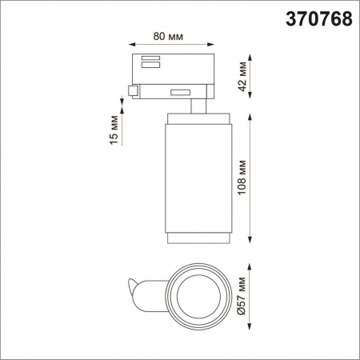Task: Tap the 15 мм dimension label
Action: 114,130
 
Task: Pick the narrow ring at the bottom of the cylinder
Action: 197,241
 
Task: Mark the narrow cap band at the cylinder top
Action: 197,120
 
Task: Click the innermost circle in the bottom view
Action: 195,294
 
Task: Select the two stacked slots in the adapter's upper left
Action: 149,61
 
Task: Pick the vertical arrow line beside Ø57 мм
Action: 254,294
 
